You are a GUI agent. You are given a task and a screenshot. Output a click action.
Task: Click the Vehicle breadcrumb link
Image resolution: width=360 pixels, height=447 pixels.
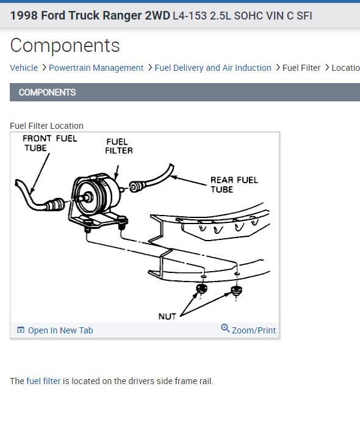tap(24, 68)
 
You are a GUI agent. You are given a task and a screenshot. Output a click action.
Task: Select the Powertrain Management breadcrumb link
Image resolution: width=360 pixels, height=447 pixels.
tap(96, 68)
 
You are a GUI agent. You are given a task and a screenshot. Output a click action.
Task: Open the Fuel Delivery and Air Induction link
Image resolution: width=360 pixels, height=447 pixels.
tap(213, 68)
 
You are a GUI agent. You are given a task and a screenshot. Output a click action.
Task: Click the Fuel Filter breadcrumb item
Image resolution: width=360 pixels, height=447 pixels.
tap(301, 68)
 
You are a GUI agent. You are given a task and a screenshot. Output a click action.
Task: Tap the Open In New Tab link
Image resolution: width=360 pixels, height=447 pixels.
tap(60, 330)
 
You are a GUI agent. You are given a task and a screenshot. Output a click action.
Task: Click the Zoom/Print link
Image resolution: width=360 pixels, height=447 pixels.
tap(253, 330)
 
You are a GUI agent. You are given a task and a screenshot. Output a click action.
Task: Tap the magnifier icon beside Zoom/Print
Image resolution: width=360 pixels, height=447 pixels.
tap(225, 328)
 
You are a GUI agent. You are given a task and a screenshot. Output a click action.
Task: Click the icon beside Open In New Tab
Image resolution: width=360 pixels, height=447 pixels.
tap(21, 330)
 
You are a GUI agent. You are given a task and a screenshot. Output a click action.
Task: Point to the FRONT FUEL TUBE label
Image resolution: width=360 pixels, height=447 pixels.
tap(49, 143)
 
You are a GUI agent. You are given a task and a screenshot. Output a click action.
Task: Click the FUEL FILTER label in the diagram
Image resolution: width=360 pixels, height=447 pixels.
tap(119, 146)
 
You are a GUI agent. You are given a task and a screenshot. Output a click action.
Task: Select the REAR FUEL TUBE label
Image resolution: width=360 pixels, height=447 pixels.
tap(234, 184)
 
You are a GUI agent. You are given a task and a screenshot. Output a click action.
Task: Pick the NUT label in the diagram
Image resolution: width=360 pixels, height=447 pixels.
tap(167, 316)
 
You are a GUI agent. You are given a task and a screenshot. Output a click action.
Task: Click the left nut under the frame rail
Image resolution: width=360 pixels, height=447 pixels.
tap(201, 289)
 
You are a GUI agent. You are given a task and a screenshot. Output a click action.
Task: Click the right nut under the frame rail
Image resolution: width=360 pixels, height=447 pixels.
tap(236, 291)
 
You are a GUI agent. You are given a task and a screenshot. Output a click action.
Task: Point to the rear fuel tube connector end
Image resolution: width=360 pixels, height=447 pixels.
tap(136, 186)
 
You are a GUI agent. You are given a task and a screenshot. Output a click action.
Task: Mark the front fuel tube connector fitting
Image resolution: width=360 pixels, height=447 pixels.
tap(55, 204)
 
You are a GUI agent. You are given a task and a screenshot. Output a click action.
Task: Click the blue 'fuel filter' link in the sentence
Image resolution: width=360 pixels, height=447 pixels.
tap(43, 381)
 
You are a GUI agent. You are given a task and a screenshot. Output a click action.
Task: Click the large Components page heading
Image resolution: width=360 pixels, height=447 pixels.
tap(65, 46)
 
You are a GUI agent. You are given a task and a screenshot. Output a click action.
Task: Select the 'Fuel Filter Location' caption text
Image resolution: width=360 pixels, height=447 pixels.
tap(47, 126)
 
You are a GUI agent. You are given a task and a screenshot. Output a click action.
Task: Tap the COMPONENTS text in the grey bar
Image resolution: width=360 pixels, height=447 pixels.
tap(47, 92)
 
